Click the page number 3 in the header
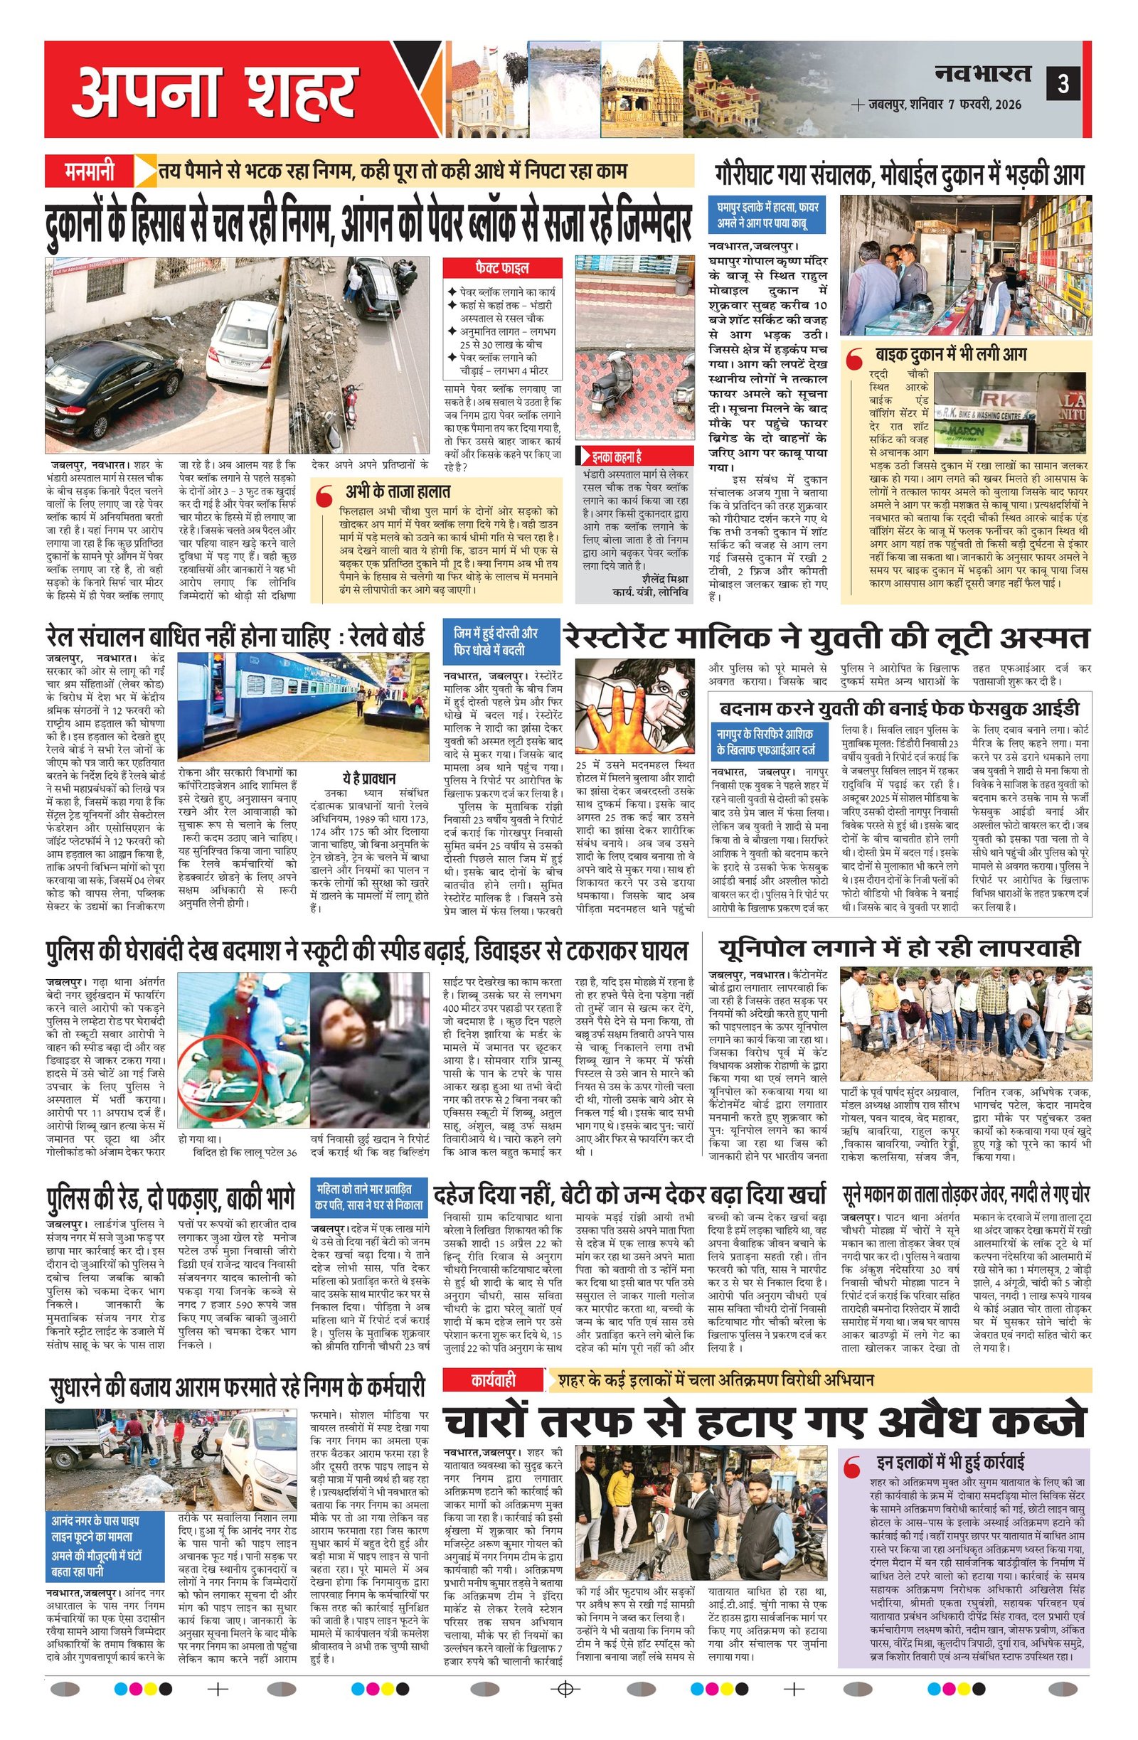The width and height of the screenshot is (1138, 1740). coord(1063,84)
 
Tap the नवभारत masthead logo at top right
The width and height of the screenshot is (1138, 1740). coord(982,73)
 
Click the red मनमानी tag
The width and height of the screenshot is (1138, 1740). coord(89,173)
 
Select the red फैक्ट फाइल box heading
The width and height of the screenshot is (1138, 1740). coord(501,268)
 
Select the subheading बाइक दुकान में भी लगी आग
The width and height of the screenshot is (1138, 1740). coord(950,355)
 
